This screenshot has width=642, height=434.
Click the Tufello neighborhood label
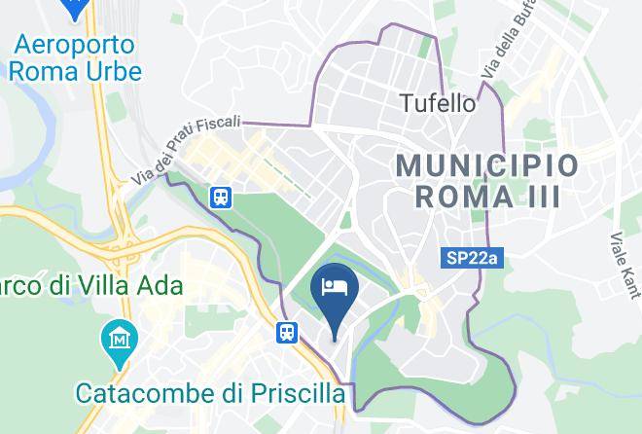coord(439,102)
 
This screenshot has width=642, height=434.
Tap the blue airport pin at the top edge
coord(73,8)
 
